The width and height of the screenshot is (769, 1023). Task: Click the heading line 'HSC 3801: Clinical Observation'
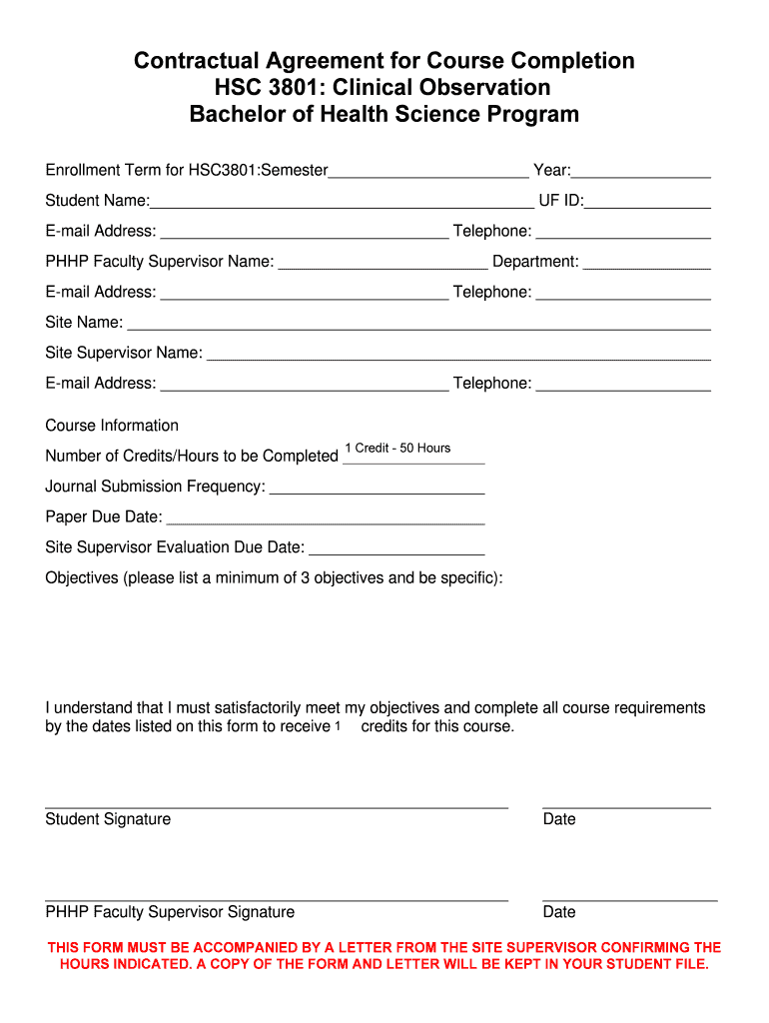tap(384, 87)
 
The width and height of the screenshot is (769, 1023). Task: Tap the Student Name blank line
tap(342, 201)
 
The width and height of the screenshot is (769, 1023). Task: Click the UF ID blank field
tap(647, 201)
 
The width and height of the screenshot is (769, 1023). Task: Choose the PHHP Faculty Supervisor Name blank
tap(383, 262)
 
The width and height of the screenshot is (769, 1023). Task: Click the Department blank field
tap(646, 262)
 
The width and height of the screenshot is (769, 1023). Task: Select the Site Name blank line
tap(418, 323)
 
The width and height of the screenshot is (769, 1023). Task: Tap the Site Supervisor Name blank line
tap(457, 353)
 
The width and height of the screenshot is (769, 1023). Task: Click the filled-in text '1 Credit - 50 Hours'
tap(397, 449)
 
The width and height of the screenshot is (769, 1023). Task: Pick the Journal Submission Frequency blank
tap(377, 487)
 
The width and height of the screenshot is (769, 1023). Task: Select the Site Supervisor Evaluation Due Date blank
tap(396, 547)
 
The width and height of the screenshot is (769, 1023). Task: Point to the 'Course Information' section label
tap(112, 426)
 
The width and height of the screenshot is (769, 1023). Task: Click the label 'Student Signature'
tap(108, 819)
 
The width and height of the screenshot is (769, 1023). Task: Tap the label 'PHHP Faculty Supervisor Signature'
tap(170, 912)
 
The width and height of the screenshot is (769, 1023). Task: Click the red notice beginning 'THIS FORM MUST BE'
tap(384, 956)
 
